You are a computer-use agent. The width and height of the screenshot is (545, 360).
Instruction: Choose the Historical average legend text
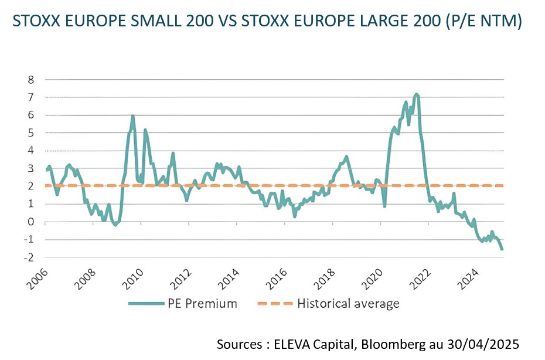coord(348,303)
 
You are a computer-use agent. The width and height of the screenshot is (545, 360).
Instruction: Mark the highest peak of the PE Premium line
coord(416,94)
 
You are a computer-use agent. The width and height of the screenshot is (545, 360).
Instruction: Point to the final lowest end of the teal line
coord(502,249)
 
